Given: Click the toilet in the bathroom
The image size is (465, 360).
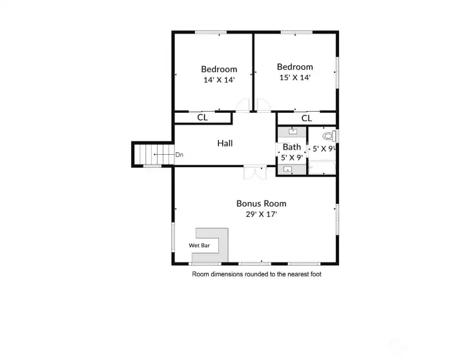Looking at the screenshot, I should [x=329, y=136].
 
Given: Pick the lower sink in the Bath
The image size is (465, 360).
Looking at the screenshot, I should [x=287, y=170].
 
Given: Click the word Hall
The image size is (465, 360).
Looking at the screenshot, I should [x=225, y=143].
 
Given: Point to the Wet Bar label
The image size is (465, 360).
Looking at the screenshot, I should [x=199, y=246].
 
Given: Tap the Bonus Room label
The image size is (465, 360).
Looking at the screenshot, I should [x=261, y=203].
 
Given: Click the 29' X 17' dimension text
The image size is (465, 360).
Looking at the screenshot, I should [x=261, y=214].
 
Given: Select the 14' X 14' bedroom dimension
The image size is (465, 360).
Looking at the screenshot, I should [x=219, y=80].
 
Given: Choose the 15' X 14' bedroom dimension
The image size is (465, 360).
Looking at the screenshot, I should [x=294, y=77].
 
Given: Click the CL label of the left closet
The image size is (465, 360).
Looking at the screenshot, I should [x=202, y=117].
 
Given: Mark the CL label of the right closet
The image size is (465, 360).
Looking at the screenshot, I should [x=307, y=118].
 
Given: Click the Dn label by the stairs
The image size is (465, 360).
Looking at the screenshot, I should [x=179, y=155].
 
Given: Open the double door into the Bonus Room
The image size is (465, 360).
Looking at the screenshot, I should [x=254, y=172].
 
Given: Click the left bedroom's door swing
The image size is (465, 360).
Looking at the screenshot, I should [x=243, y=105].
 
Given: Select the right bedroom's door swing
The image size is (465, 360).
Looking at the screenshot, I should [x=263, y=105].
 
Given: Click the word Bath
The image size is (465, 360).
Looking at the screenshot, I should [x=291, y=147].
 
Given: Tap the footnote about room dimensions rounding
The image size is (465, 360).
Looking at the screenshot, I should [x=256, y=274].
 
